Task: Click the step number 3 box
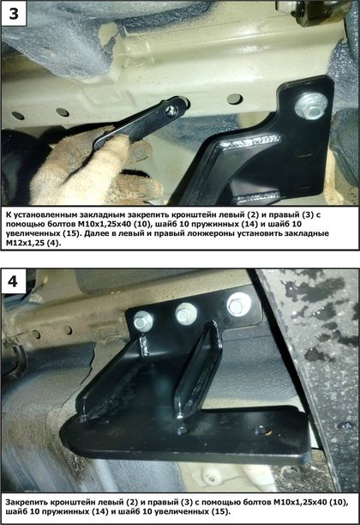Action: [x=14, y=14]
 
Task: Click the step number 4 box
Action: [x=13, y=281]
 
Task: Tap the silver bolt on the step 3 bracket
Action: [x=310, y=106]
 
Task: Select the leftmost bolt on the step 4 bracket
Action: [x=143, y=321]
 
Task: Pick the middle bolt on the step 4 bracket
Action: [x=186, y=313]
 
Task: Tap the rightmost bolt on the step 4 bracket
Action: [x=238, y=305]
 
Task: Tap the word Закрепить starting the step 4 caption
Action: [x=27, y=502]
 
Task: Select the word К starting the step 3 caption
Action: [x=9, y=214]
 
